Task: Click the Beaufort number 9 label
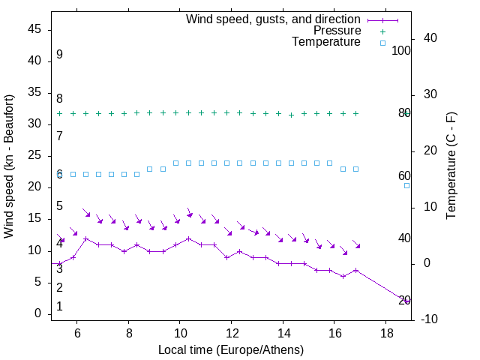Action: click(x=59, y=55)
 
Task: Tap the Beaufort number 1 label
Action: click(x=59, y=307)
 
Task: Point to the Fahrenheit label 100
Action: click(x=402, y=51)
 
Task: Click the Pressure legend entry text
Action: click(x=337, y=31)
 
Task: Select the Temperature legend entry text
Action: click(x=326, y=42)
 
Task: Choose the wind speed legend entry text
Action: click(x=274, y=19)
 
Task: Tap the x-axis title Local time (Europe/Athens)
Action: click(x=231, y=349)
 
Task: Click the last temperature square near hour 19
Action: click(x=407, y=185)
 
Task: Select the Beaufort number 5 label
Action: click(x=59, y=206)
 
